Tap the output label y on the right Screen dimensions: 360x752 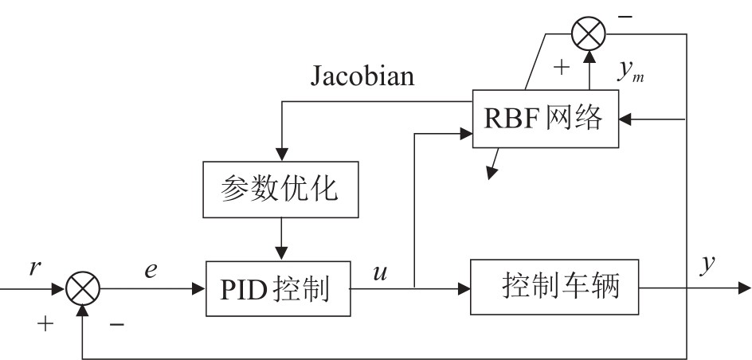(705, 267)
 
